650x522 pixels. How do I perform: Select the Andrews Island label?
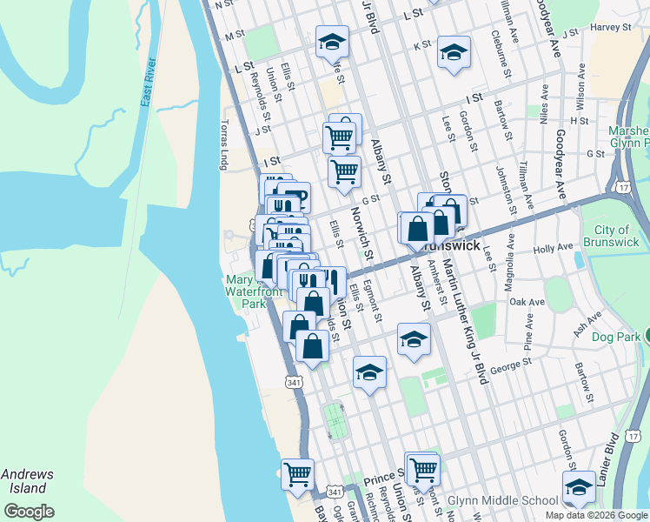[x=27, y=481]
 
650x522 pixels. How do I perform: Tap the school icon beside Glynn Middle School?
[x=579, y=489]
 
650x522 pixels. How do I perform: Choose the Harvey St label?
[x=610, y=27]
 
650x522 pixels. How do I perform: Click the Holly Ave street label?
[x=554, y=249]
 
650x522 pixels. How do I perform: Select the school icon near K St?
[x=453, y=53]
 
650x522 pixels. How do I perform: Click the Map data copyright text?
[x=597, y=515]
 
